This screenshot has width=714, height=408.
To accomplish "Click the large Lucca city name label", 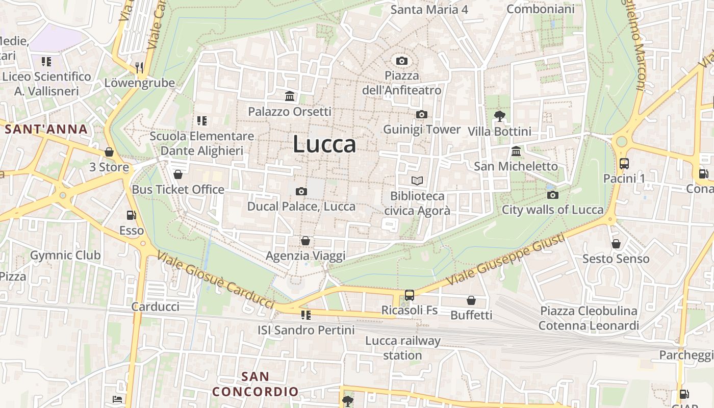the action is pyautogui.click(x=324, y=144).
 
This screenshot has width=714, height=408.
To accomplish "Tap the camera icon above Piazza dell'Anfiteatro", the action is pyautogui.click(x=402, y=61).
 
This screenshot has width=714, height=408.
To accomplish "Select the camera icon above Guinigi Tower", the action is pyautogui.click(x=422, y=115).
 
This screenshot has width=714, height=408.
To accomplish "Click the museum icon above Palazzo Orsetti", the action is pyautogui.click(x=290, y=96).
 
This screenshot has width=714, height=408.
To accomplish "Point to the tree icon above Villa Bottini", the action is pyautogui.click(x=500, y=116).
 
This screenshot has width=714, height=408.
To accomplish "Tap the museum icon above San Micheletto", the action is pyautogui.click(x=516, y=151).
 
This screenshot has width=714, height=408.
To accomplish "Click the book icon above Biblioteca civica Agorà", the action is pyautogui.click(x=417, y=181).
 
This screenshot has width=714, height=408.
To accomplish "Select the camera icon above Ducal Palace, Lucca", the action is pyautogui.click(x=301, y=192).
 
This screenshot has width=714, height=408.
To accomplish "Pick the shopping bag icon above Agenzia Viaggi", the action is pyautogui.click(x=305, y=241).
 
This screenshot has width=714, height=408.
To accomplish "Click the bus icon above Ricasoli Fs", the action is pyautogui.click(x=409, y=295).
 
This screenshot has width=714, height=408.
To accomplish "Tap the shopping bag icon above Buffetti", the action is pyautogui.click(x=471, y=300).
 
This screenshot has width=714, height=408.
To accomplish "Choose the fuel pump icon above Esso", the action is pyautogui.click(x=132, y=215).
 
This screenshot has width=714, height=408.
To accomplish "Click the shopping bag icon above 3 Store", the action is pyautogui.click(x=109, y=152).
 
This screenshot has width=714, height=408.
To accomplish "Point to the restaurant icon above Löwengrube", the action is pyautogui.click(x=139, y=67).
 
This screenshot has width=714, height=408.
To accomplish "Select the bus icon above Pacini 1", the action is pyautogui.click(x=624, y=164).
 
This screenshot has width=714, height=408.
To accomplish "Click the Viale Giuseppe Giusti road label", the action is pyautogui.click(x=505, y=260).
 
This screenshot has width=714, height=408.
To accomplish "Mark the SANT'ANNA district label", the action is pyautogui.click(x=46, y=130).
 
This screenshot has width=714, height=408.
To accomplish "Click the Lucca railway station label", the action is pyautogui.click(x=402, y=348).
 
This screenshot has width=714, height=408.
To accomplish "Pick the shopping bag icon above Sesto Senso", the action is pyautogui.click(x=616, y=244).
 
